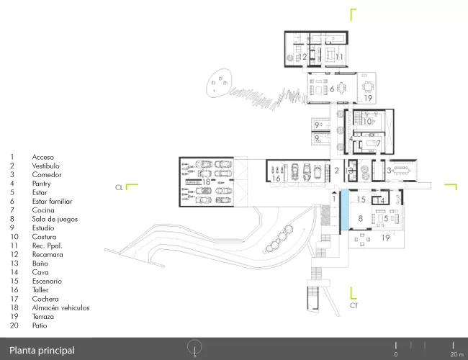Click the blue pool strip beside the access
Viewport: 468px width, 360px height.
(x=344, y=210)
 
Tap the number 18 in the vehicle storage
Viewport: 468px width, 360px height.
(x=206, y=181)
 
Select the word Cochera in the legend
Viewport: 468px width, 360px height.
(x=45, y=299)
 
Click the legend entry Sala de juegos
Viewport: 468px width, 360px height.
(x=55, y=219)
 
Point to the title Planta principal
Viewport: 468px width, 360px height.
(x=42, y=351)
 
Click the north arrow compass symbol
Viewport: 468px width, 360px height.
(x=194, y=348)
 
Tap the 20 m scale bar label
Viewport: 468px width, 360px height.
(x=457, y=354)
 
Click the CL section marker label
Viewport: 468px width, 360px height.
(x=119, y=187)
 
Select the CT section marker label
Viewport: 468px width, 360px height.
(x=354, y=305)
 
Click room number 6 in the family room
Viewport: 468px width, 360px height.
(x=332, y=89)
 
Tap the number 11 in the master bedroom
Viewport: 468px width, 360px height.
(x=339, y=57)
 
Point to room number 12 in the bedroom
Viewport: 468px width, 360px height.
(x=302, y=57)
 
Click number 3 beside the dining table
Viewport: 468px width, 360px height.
(x=389, y=171)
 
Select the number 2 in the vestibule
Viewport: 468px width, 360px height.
(x=337, y=171)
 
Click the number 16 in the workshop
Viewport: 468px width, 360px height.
(x=276, y=179)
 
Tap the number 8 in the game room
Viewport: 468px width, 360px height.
(x=360, y=218)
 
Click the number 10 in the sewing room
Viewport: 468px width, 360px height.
(x=367, y=122)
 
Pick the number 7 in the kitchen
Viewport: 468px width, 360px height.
(x=378, y=143)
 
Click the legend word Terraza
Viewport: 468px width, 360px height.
(x=43, y=317)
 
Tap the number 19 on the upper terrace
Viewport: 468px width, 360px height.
(x=368, y=98)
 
